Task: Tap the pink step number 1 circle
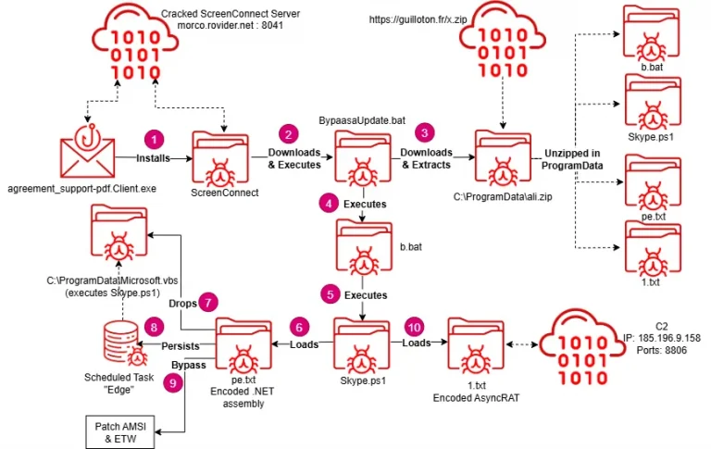155,139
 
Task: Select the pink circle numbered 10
414,327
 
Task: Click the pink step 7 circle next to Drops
208,302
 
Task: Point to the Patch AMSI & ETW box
120,432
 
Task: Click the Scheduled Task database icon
124,343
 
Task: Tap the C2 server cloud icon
581,346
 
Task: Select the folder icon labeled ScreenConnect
220,159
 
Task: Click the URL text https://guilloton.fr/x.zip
418,19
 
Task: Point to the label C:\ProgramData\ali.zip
503,197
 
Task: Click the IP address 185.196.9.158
668,338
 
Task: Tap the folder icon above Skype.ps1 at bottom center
362,345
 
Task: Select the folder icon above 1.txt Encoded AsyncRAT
476,345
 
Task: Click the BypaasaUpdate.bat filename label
362,120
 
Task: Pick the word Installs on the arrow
154,158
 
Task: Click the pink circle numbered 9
173,383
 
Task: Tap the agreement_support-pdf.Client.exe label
82,189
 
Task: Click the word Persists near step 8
181,346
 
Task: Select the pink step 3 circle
424,133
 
